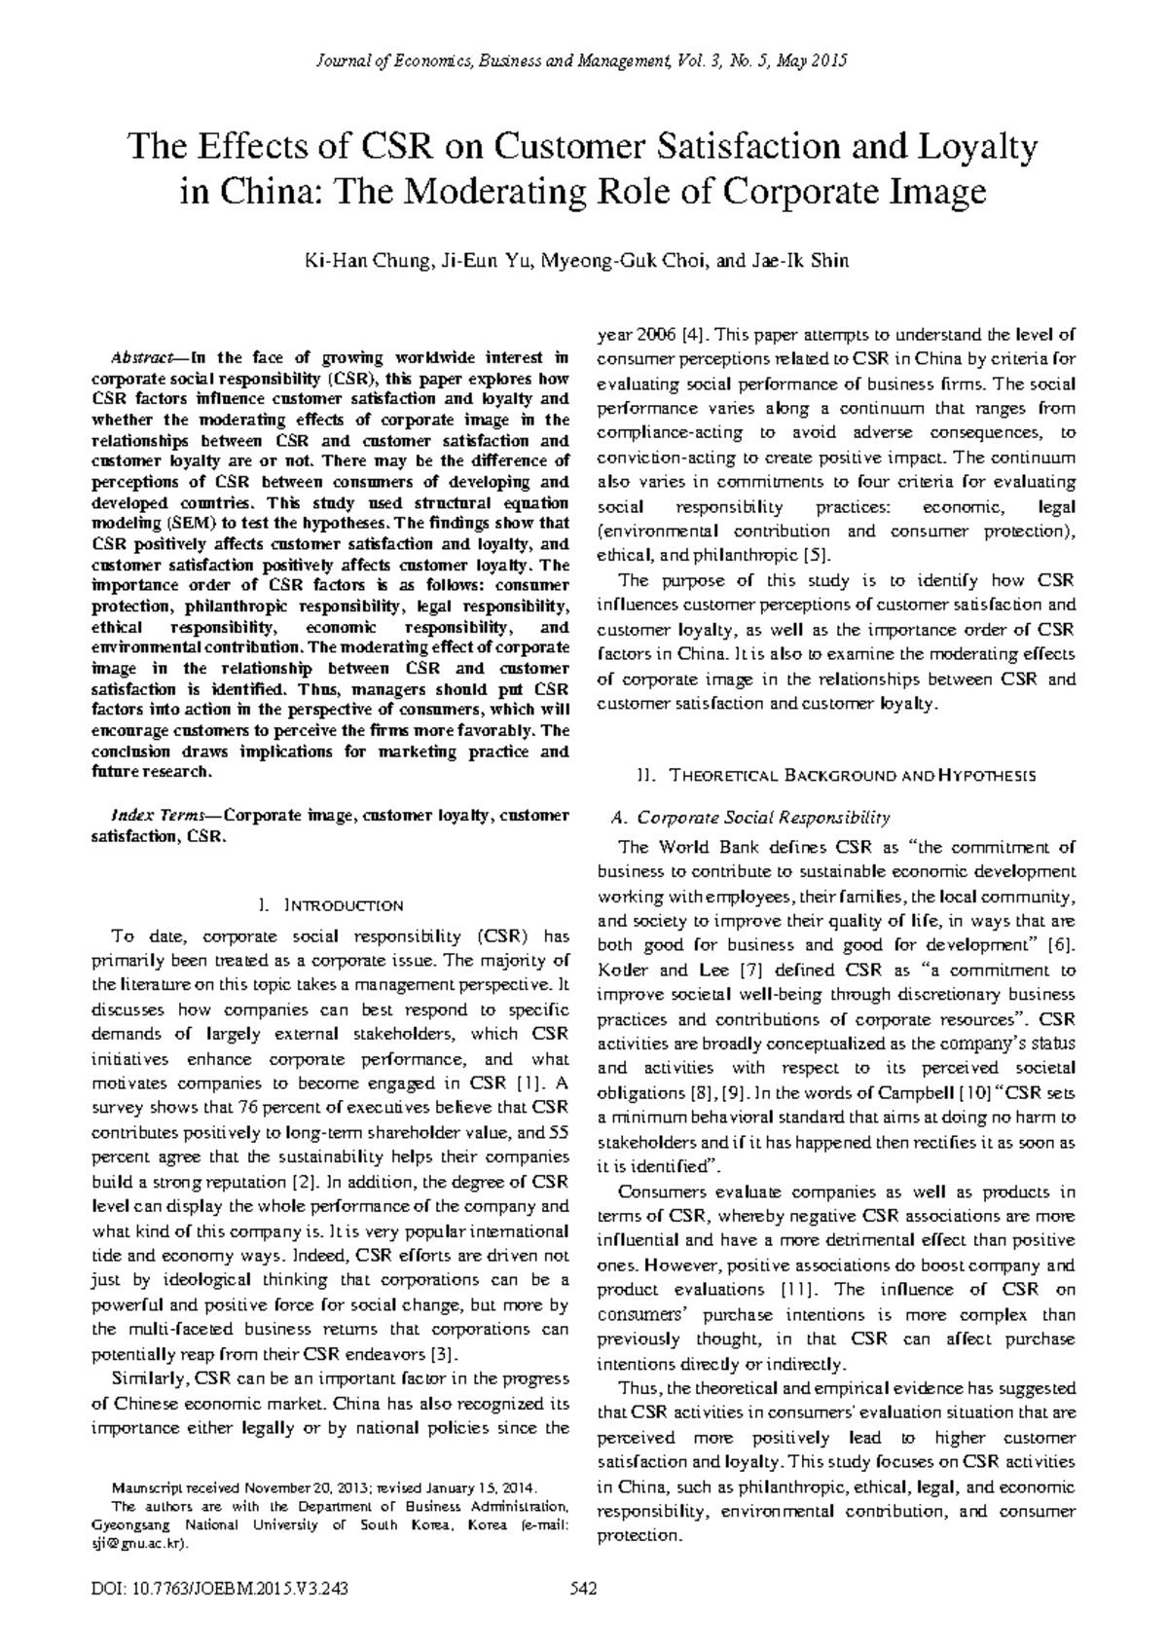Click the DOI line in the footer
(219, 1590)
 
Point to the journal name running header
(583, 60)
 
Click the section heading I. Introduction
(332, 905)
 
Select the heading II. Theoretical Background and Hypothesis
(836, 776)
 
